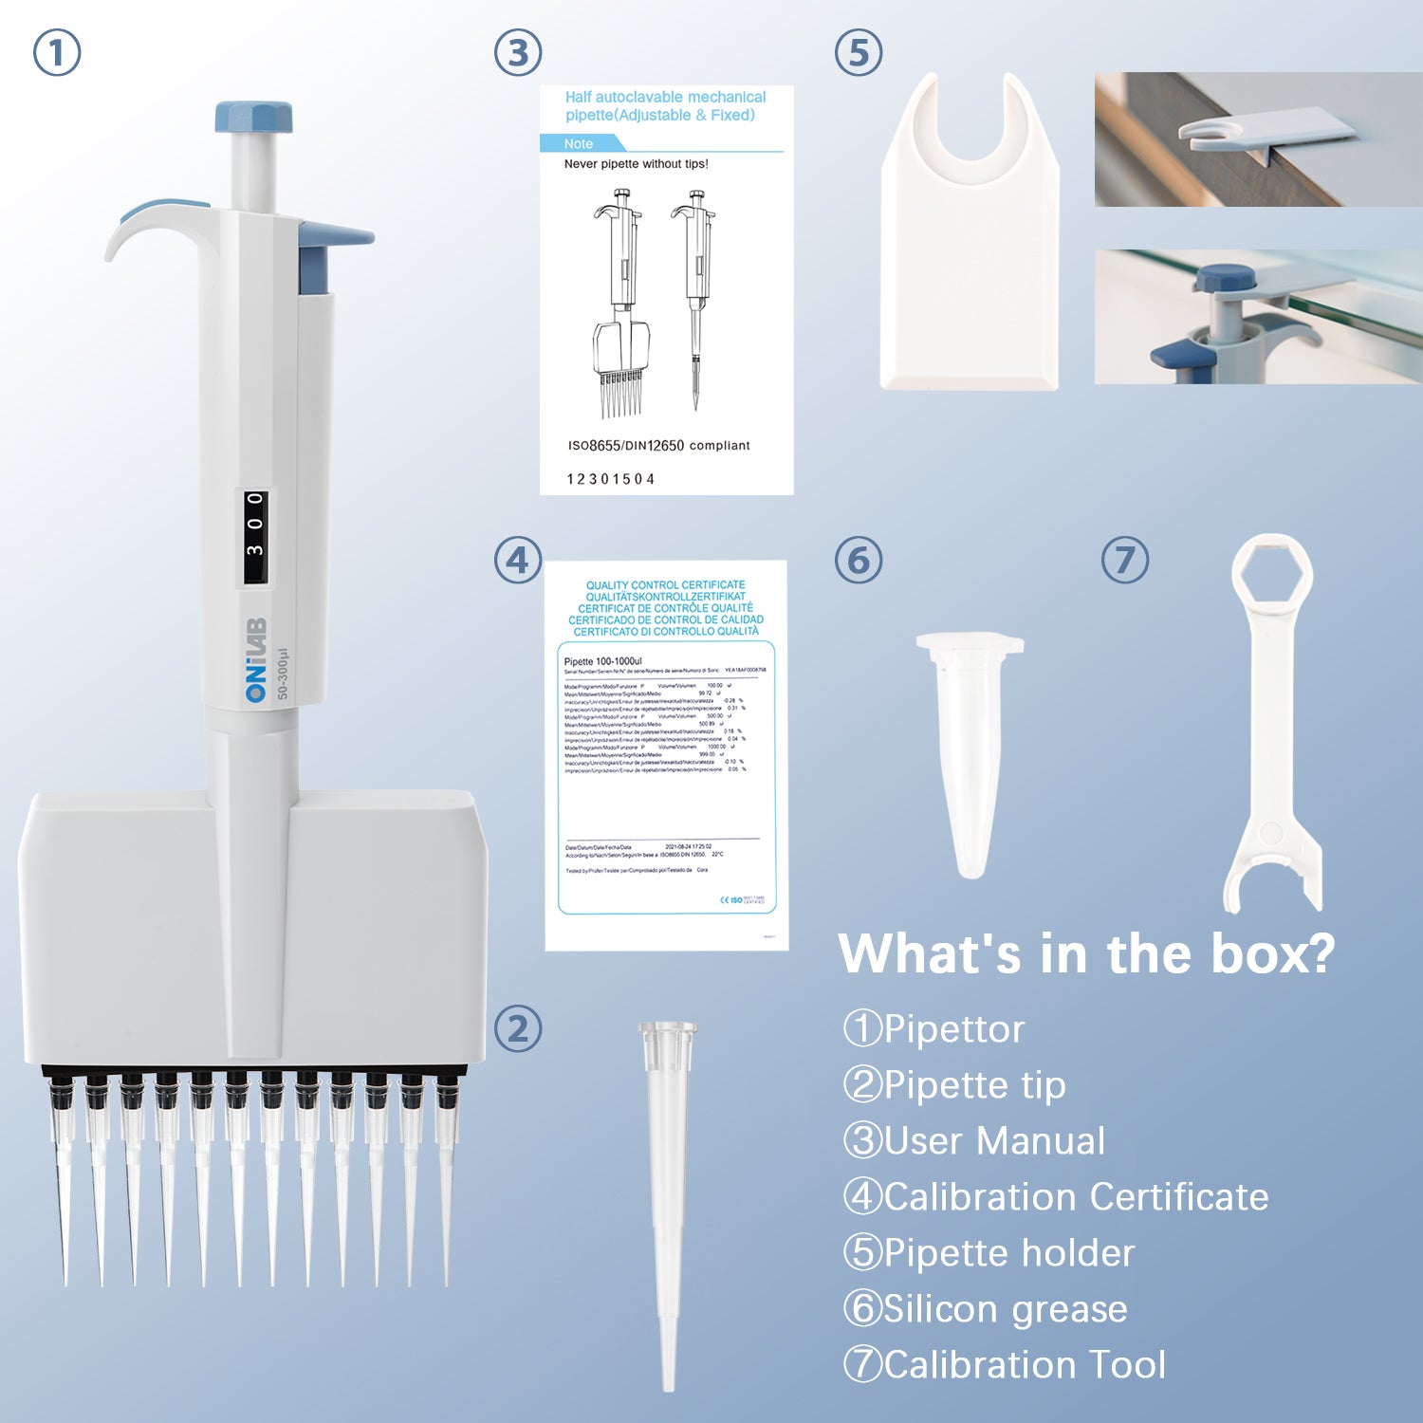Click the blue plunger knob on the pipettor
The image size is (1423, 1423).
pos(253,118)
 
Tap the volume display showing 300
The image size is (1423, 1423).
pos(255,537)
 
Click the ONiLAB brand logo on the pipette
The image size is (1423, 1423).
pos(256,660)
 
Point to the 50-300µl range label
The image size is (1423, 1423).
pos(283,675)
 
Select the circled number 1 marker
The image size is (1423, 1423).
pos(57,52)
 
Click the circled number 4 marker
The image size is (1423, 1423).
pos(518,560)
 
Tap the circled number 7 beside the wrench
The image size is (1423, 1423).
pos(1125,560)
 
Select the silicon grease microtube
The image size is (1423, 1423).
pos(970,749)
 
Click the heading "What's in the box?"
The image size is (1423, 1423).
pos(1087,953)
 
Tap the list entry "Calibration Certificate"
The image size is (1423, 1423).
pos(1076,1197)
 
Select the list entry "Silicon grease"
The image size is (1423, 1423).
pos(1005,1309)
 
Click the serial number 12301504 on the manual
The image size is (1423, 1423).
pos(611,479)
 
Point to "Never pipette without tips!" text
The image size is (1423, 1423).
pos(636,164)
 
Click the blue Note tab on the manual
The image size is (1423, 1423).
pos(580,143)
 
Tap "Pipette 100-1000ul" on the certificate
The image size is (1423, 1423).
pos(603,661)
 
